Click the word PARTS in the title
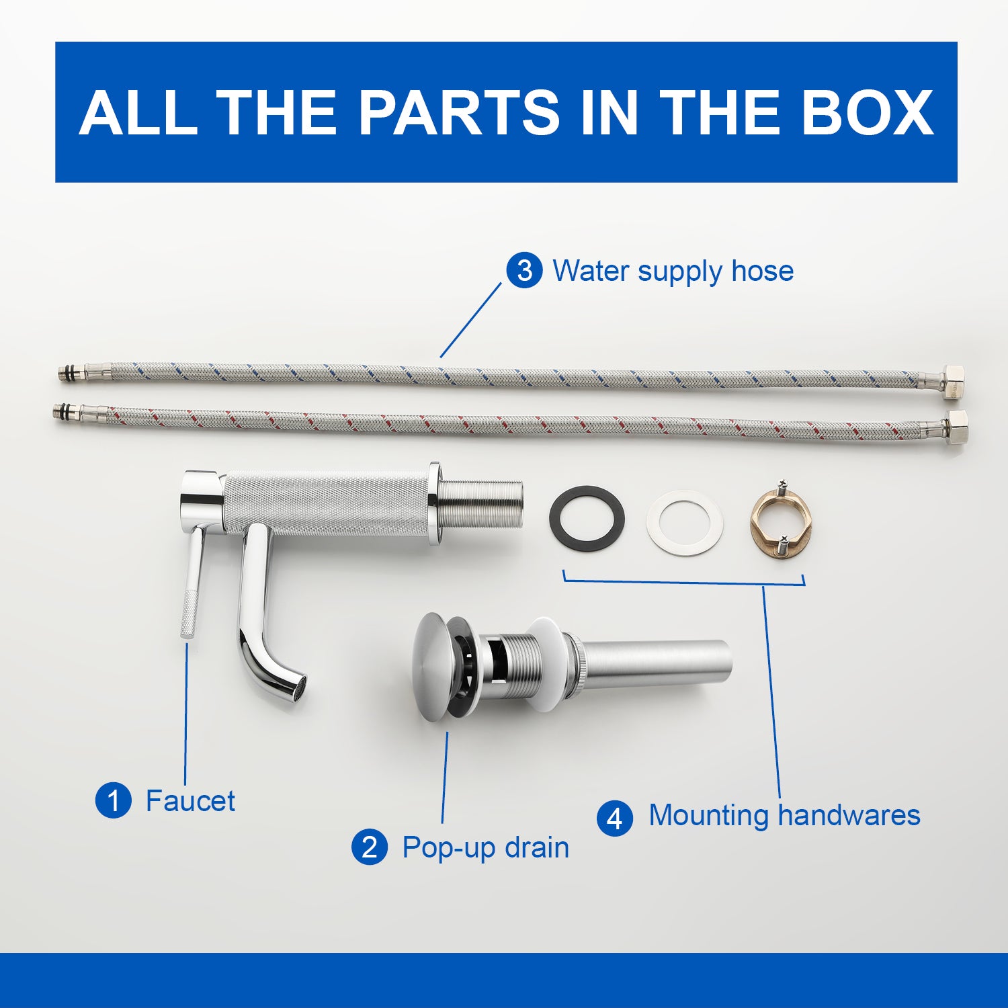click(458, 112)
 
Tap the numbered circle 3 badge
click(524, 271)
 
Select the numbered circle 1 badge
click(113, 800)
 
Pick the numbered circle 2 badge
click(370, 847)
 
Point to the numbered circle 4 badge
click(615, 818)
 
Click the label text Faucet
click(190, 801)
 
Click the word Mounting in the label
click(709, 816)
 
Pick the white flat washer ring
click(684, 523)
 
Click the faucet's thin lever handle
click(191, 582)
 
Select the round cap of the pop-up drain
click(432, 667)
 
